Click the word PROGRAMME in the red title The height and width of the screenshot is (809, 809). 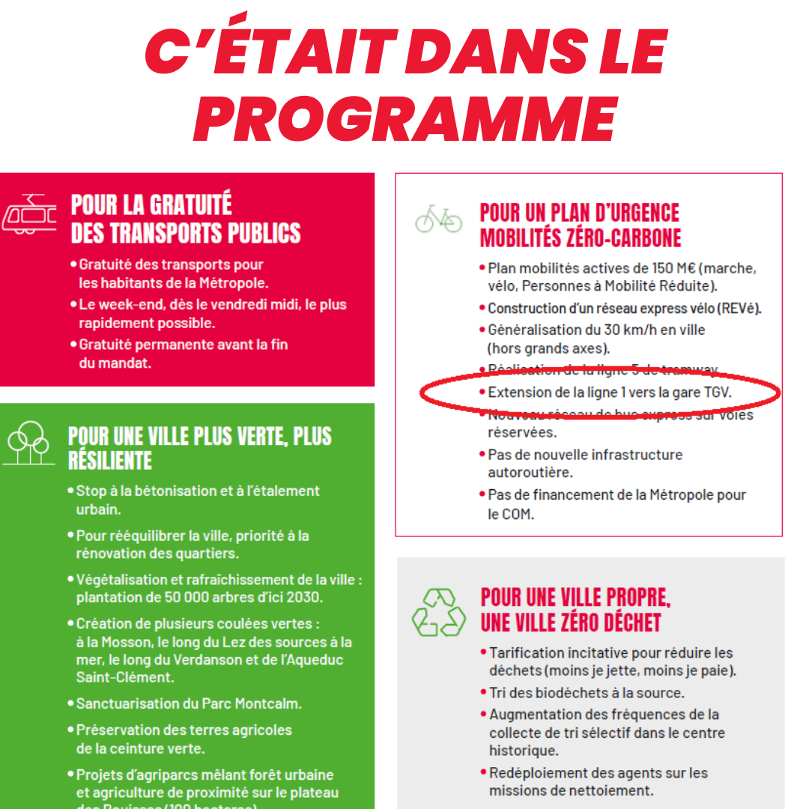(x=405, y=118)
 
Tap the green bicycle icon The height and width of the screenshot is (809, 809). (x=439, y=218)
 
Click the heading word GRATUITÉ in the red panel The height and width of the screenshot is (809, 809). (x=190, y=205)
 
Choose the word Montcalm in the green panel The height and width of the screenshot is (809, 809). (x=269, y=704)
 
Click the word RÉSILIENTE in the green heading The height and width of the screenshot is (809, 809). (x=110, y=460)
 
